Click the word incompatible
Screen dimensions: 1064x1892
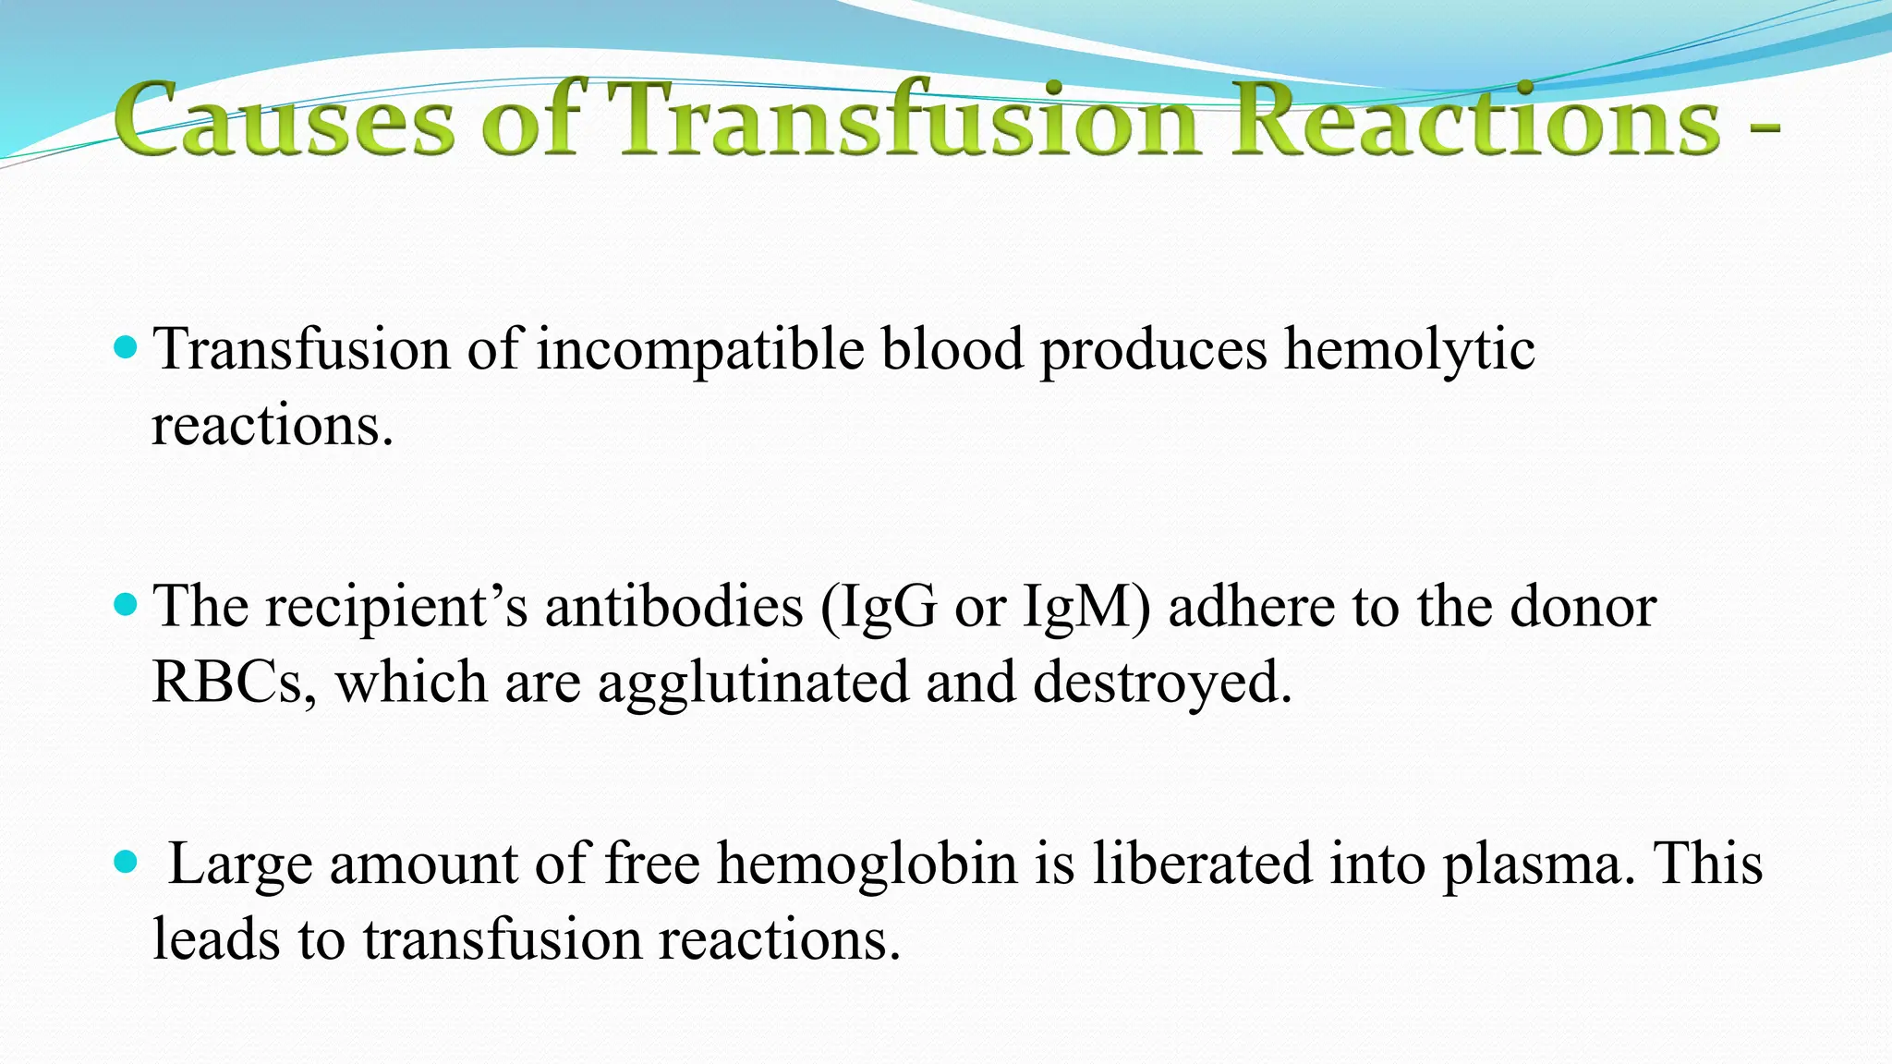pos(700,351)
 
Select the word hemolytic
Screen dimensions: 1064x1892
pos(1410,351)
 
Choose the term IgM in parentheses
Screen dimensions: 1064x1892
pos(1086,608)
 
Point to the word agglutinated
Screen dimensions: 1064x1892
pos(753,684)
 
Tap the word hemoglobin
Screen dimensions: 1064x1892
pos(867,864)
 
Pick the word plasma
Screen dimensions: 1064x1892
pos(1537,866)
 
